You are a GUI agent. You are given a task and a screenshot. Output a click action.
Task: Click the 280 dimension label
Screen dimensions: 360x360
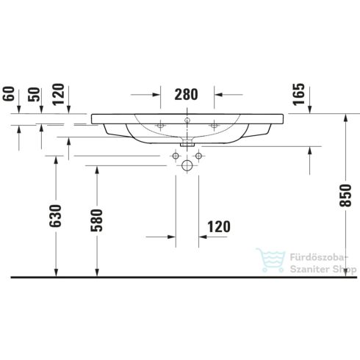(187, 94)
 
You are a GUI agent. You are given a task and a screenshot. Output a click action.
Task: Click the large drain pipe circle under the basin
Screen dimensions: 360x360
(187, 167)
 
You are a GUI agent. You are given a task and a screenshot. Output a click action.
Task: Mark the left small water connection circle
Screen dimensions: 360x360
(176, 156)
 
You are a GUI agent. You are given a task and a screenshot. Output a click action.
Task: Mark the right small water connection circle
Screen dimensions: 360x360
(198, 156)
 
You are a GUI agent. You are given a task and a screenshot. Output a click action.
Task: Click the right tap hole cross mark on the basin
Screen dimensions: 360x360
(214, 126)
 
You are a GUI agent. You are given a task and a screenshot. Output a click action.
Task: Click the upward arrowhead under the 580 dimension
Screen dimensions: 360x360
(96, 273)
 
